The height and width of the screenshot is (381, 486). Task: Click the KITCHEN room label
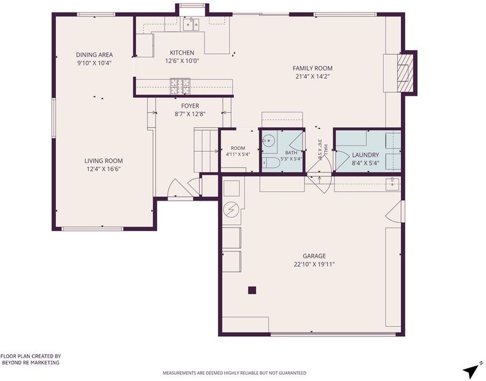[182, 53]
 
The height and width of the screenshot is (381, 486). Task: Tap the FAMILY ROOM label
[313, 68]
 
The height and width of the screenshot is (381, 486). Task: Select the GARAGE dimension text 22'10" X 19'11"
[314, 265]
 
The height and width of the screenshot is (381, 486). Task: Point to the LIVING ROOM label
[104, 161]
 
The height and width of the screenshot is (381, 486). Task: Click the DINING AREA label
[94, 55]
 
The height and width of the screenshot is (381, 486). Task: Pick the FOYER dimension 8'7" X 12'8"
[190, 114]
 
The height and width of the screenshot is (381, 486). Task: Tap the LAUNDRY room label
[365, 155]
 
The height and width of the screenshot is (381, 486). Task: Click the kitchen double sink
[191, 24]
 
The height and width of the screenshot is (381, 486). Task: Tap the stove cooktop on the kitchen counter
[180, 86]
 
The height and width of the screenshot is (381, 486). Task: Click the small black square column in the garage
[252, 290]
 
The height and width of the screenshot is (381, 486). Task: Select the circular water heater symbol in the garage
[231, 210]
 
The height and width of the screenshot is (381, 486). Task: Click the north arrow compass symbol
[472, 369]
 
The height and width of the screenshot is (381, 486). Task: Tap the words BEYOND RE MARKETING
[30, 363]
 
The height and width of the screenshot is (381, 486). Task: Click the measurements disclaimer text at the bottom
[234, 373]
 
